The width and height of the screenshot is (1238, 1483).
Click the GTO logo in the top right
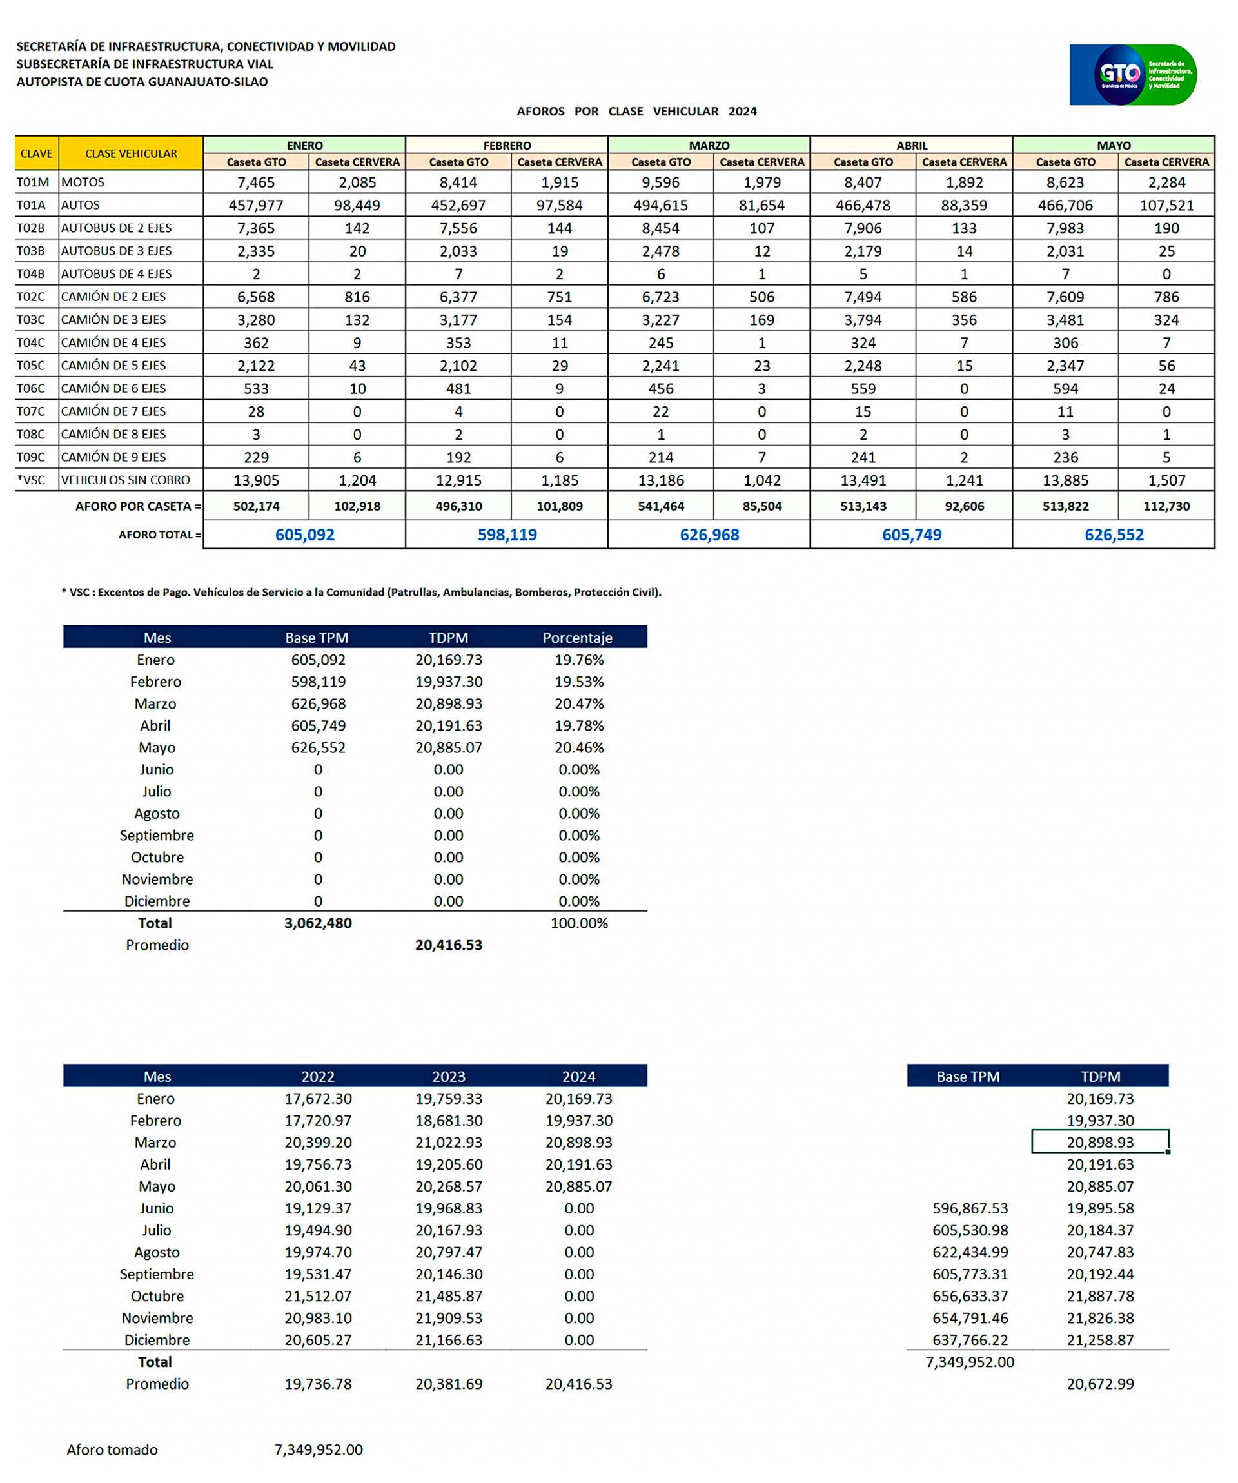pyautogui.click(x=1132, y=75)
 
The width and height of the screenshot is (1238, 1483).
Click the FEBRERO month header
pyautogui.click(x=506, y=146)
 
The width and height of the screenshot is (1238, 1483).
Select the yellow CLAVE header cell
pyautogui.click(x=36, y=153)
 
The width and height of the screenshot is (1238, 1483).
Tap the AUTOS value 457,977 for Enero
pyautogui.click(x=255, y=206)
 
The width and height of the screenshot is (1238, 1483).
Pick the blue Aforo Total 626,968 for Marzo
pyautogui.click(x=709, y=535)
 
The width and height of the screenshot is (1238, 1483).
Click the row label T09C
pyautogui.click(x=31, y=457)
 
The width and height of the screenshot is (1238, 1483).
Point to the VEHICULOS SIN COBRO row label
pyautogui.click(x=125, y=480)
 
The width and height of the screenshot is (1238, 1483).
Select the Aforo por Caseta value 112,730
pyautogui.click(x=1166, y=506)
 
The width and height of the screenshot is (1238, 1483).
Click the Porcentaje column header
pyautogui.click(x=577, y=638)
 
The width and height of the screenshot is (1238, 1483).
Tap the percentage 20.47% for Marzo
pyautogui.click(x=578, y=703)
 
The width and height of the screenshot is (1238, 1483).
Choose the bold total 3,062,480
pyautogui.click(x=318, y=923)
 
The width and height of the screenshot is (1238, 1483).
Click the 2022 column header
pyautogui.click(x=318, y=1076)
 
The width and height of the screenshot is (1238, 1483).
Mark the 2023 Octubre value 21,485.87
pyautogui.click(x=448, y=1296)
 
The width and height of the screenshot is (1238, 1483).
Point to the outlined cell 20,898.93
pyautogui.click(x=1099, y=1143)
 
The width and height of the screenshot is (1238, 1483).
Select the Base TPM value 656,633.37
pyautogui.click(x=970, y=1296)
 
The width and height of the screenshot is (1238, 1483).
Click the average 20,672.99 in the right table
pyautogui.click(x=1099, y=1384)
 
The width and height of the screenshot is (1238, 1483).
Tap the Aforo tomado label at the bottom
pyautogui.click(x=112, y=1450)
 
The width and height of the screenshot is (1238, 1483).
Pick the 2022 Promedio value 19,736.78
pyautogui.click(x=318, y=1384)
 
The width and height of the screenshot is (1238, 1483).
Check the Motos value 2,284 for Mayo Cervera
pyautogui.click(x=1166, y=182)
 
